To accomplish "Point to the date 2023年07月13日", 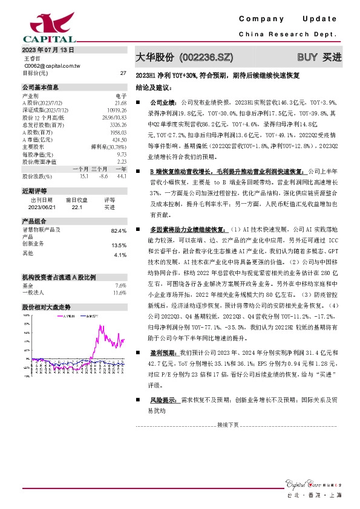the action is [48, 50].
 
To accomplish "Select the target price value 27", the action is [123, 73].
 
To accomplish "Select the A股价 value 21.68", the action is [120, 102].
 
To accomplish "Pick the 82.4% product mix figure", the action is [119, 231].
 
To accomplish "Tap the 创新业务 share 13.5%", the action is [119, 245].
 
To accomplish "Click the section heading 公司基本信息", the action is [41, 87].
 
